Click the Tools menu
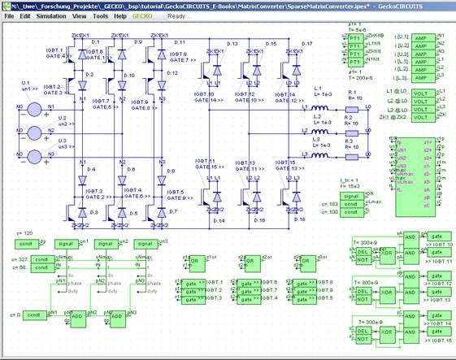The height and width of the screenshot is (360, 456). [x=99, y=15]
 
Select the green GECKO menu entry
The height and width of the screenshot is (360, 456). [x=143, y=15]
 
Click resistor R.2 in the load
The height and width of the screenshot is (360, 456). [x=346, y=130]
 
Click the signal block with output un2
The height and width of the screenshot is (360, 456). [x=106, y=243]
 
